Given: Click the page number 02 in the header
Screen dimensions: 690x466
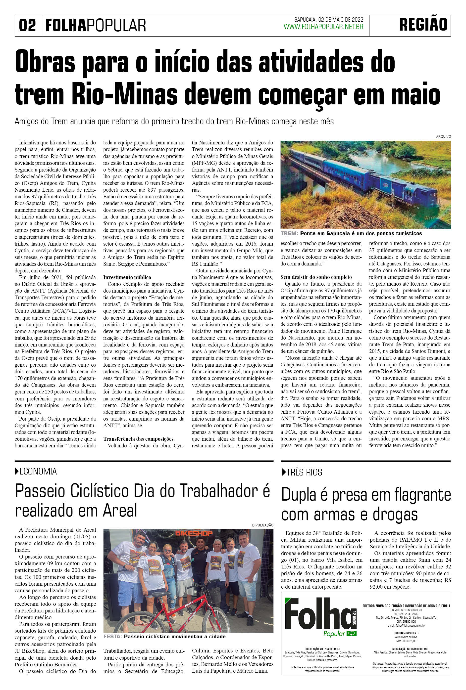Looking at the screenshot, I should pos(27,25).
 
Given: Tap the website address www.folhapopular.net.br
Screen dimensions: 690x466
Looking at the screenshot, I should pos(323,27).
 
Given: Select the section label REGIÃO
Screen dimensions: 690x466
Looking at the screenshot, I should pos(423,25).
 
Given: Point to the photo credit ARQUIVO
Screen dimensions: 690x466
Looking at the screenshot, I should pos(443,136).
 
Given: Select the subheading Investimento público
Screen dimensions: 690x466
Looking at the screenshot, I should pos(127,277).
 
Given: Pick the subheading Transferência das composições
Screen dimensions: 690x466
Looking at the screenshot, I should pos(138,439).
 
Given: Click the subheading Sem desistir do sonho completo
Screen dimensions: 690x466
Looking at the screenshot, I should pos(316,277).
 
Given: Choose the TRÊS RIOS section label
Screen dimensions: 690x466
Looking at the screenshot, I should pos(304,472).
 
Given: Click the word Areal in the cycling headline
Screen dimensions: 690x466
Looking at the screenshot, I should pos(120,511).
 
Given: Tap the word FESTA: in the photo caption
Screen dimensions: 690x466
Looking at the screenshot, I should pos(113,637).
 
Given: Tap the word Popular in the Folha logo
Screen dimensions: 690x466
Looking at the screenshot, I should pos(334,634).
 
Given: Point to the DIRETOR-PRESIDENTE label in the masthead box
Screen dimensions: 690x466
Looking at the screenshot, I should pos(406,633).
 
